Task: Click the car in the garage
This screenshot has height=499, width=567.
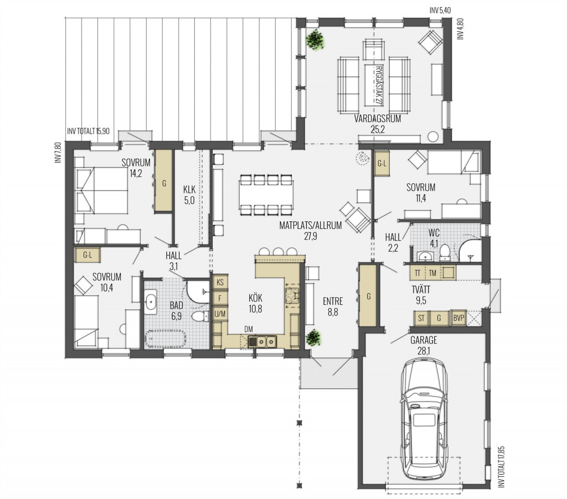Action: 424,418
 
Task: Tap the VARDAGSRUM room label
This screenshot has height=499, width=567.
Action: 377,118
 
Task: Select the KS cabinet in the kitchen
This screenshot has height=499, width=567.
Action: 220,283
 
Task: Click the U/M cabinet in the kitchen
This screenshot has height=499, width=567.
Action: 220,314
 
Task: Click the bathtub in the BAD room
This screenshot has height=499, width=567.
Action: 166,339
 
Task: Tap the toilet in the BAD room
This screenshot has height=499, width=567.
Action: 200,316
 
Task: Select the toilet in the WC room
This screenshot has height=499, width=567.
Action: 445,252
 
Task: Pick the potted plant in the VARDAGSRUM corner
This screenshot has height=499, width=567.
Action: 315,39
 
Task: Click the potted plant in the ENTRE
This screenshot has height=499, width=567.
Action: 313,339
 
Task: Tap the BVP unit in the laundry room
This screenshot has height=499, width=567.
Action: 458,318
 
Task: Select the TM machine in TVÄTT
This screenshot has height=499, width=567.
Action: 432,273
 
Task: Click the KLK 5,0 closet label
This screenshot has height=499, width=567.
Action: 189,194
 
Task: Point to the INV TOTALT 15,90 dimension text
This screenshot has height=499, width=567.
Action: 88,131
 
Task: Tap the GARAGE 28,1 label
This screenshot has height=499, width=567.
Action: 424,345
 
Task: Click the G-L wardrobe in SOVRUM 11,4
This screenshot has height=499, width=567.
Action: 382,163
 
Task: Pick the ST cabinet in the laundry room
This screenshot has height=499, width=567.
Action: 421,318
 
